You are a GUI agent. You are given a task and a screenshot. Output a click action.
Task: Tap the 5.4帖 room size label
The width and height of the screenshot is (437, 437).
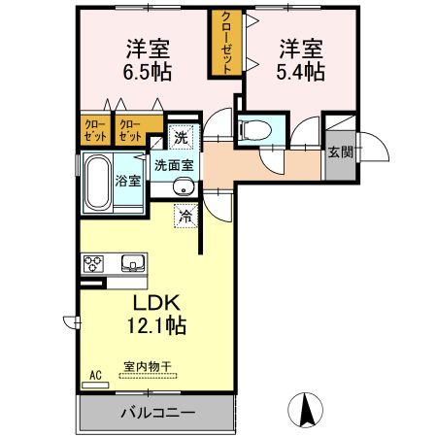(x=301, y=72)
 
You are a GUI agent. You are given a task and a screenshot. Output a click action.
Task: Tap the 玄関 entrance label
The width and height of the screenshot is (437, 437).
(x=340, y=151)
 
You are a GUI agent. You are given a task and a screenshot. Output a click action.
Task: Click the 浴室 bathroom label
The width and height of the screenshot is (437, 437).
(x=127, y=181)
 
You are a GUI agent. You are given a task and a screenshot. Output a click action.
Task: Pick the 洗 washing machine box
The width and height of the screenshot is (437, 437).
(x=182, y=137)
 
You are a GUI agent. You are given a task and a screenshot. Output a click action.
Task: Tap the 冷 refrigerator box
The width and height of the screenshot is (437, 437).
(x=185, y=217)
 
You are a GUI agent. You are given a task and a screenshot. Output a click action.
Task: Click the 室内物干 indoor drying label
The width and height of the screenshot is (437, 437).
(x=147, y=367)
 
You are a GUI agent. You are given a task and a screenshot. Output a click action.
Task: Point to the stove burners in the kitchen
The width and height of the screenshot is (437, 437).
(x=94, y=263)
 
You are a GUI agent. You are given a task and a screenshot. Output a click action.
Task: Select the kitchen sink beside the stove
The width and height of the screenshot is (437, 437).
(x=130, y=263)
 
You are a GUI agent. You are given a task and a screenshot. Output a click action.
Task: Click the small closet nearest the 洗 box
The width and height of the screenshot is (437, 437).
(x=129, y=129)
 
